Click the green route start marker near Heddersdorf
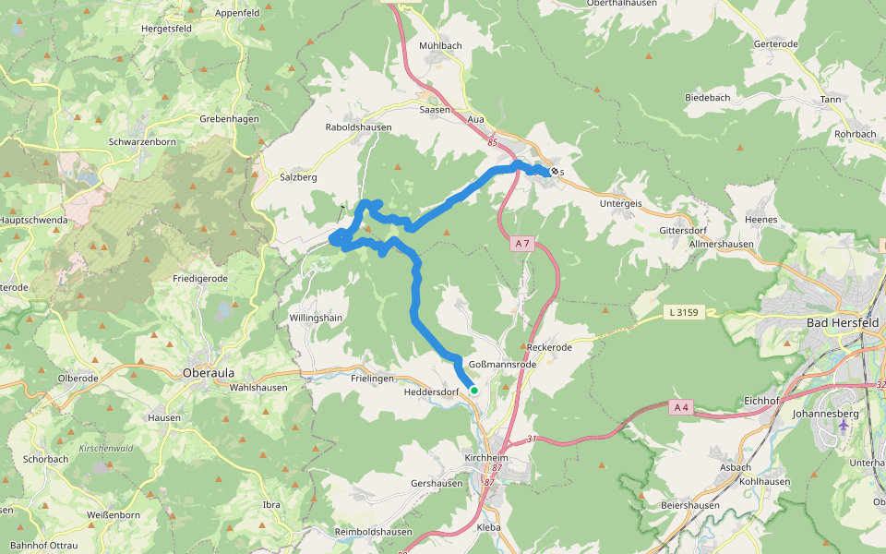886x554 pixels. pyautogui.click(x=474, y=391)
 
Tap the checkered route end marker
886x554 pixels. pyautogui.click(x=554, y=171)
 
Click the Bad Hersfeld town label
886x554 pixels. pyautogui.click(x=843, y=323)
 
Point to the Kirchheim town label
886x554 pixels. pyautogui.click(x=486, y=456)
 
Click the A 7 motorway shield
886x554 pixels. pyautogui.click(x=523, y=244)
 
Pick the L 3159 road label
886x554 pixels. pyautogui.click(x=684, y=313)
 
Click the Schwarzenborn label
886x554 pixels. pyautogui.click(x=141, y=142)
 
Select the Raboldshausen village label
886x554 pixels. pyautogui.click(x=358, y=127)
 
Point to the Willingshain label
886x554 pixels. pyautogui.click(x=317, y=317)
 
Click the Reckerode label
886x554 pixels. pyautogui.click(x=550, y=347)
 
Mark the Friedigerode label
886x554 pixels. pyautogui.click(x=200, y=277)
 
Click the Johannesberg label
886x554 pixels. pyautogui.click(x=826, y=414)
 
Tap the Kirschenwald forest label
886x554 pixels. pyautogui.click(x=106, y=448)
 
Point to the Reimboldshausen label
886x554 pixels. pyautogui.click(x=373, y=532)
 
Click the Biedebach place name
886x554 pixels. pyautogui.click(x=708, y=97)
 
